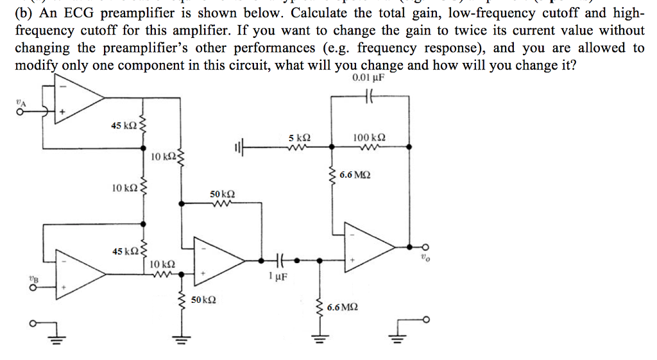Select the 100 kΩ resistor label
point(370,138)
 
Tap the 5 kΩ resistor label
point(300,138)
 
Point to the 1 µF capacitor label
point(278,277)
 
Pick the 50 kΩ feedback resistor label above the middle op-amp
point(223,193)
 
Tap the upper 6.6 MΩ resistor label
point(355,175)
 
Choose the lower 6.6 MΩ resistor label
point(343,308)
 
